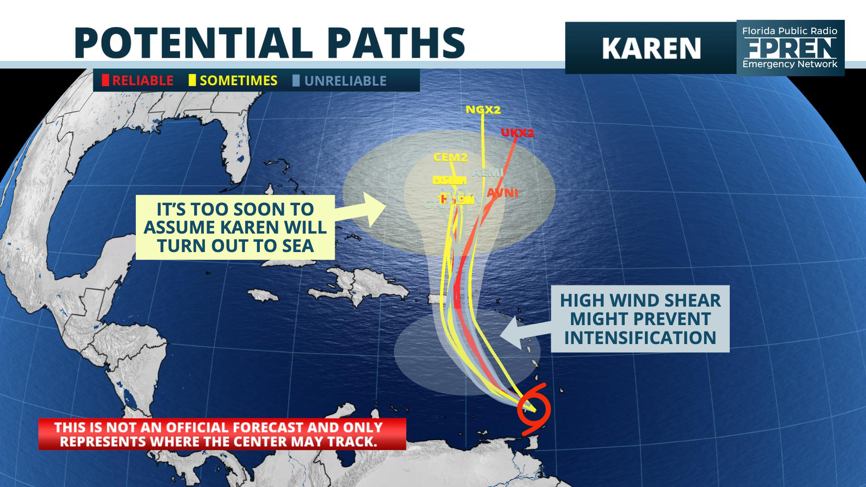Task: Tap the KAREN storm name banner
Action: point(651,48)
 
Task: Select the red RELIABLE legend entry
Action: point(138,81)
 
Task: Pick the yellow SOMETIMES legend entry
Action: point(233,81)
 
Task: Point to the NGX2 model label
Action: point(483,110)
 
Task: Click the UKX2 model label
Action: point(517,133)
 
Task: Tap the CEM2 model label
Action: point(450,157)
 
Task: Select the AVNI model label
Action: point(502,193)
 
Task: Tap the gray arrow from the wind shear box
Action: point(523,333)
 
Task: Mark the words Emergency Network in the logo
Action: point(790,64)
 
